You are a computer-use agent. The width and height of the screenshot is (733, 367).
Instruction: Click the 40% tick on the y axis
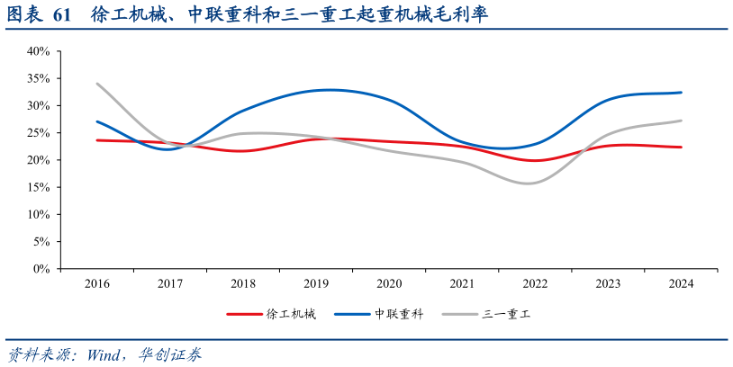click(37, 51)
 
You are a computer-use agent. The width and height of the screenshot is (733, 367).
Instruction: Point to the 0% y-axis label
click(41, 269)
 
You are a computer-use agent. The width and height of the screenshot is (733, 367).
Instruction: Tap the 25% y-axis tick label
click(37, 133)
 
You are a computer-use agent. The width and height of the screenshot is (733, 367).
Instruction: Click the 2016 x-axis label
click(97, 284)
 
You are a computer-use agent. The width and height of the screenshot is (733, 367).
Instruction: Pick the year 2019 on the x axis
click(316, 284)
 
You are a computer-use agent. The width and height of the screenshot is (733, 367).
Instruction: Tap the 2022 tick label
click(535, 284)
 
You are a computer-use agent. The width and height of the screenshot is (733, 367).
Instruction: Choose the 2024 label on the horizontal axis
click(681, 284)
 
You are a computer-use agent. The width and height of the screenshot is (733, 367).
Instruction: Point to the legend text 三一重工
click(507, 314)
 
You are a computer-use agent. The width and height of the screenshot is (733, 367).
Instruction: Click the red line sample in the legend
click(243, 314)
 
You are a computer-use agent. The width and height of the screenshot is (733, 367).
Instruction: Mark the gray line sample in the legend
click(459, 314)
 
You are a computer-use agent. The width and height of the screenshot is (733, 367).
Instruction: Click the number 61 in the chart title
click(62, 15)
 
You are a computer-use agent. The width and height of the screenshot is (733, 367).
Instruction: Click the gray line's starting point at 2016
click(97, 84)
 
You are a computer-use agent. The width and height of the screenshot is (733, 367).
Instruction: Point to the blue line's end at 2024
click(681, 93)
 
